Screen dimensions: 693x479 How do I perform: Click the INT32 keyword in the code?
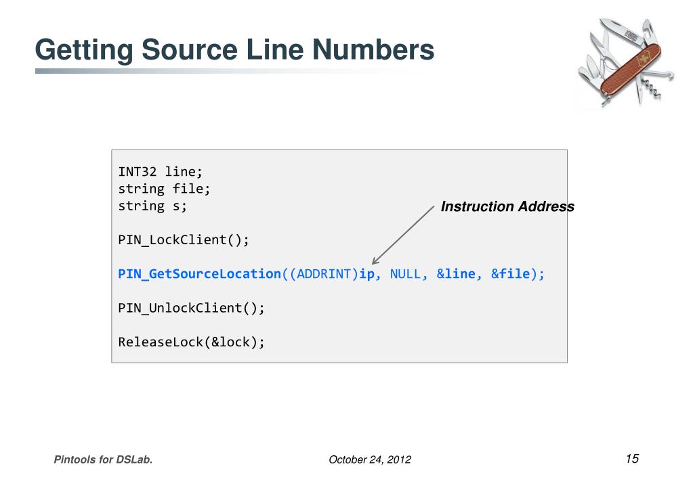138,172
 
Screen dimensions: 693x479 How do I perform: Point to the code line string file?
164,189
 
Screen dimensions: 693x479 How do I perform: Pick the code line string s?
152,206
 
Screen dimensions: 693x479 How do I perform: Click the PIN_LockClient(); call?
184,240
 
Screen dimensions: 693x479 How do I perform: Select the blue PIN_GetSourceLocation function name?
199,274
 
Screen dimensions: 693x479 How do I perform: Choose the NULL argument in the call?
405,274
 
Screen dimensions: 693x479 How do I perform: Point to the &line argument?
455,274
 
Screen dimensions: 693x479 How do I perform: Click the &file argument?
510,274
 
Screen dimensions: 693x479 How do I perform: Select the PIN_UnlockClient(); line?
191,308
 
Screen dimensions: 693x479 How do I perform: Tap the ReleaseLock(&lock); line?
191,342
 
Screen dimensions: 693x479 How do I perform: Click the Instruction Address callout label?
507,207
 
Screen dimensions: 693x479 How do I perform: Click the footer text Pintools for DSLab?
103,460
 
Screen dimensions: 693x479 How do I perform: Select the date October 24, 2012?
369,460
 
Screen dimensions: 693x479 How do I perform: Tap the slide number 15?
632,459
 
